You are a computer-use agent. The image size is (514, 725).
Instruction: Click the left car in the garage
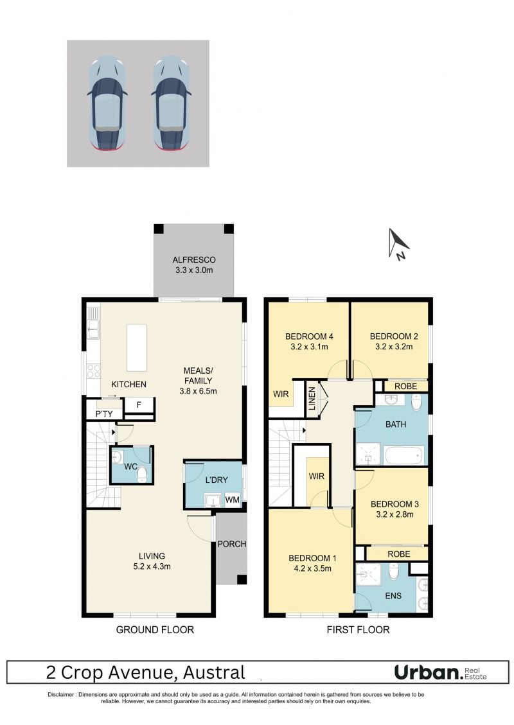107,103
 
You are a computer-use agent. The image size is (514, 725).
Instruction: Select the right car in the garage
171,103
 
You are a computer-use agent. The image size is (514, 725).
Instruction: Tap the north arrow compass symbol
398,243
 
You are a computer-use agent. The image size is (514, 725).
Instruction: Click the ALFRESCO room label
194,260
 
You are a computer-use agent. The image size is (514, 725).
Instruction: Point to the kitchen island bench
137,347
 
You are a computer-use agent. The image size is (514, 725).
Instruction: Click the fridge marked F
139,405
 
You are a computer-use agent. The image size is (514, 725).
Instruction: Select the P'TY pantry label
104,414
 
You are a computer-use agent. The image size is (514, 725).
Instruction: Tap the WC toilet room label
130,467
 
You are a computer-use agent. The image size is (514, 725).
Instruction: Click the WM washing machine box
232,500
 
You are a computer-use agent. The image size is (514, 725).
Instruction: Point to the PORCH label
232,544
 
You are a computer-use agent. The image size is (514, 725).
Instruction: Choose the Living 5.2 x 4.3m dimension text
152,566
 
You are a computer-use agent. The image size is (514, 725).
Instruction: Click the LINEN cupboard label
312,399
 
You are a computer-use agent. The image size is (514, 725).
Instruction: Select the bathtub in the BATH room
404,455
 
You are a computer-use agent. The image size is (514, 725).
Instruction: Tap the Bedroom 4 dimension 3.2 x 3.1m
309,347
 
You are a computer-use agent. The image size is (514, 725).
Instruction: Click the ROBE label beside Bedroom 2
406,386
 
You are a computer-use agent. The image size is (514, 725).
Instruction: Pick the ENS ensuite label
393,596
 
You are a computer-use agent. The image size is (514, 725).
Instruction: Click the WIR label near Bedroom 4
281,394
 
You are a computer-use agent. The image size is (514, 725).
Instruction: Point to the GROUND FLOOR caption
155,630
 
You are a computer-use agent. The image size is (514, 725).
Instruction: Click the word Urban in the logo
428,673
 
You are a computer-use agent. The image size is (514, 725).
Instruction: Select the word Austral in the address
214,673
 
